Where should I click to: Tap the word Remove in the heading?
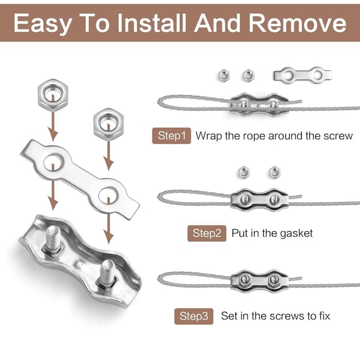click(x=298, y=23)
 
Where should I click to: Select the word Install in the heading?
click(x=152, y=23)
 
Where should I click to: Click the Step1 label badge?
click(x=172, y=136)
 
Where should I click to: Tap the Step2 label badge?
click(x=206, y=233)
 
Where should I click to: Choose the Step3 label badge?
click(x=194, y=316)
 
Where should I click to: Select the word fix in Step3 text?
click(x=324, y=316)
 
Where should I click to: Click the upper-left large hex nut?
click(x=53, y=95)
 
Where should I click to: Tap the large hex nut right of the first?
click(x=109, y=124)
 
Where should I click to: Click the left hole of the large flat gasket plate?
click(x=53, y=162)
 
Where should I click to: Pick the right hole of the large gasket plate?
click(x=108, y=195)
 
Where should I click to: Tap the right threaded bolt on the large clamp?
click(x=107, y=274)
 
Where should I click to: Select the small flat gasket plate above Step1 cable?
click(x=302, y=74)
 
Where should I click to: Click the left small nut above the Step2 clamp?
click(x=244, y=172)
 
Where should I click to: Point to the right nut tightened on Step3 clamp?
click(x=274, y=280)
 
